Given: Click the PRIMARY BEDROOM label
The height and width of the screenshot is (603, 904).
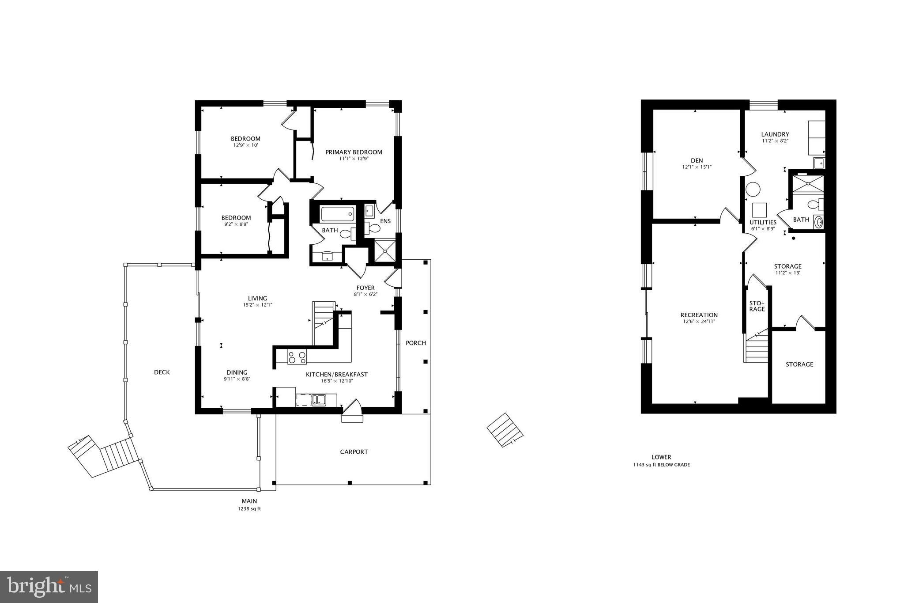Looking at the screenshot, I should click(x=354, y=152).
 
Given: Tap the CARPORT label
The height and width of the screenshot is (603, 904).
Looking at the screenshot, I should click(x=354, y=452).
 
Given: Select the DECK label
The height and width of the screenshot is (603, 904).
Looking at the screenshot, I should click(x=162, y=372).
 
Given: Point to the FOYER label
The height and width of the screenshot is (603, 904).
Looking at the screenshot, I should click(x=366, y=288).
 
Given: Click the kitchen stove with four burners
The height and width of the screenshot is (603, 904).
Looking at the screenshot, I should click(x=297, y=356).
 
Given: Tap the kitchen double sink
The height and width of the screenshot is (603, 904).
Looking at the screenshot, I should click(x=318, y=400).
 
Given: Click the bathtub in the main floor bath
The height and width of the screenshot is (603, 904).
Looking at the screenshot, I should click(x=338, y=214).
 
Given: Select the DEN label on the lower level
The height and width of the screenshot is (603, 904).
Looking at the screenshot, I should click(x=697, y=160).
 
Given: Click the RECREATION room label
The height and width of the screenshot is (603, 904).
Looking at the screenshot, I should click(x=699, y=315).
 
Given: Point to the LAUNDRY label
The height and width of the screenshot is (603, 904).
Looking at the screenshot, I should click(x=775, y=134).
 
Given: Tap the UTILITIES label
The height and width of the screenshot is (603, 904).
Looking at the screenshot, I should click(x=763, y=222).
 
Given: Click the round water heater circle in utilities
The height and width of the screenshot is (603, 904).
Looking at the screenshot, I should click(x=753, y=190).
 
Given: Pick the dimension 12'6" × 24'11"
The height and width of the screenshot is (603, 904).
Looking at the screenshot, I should click(x=699, y=322).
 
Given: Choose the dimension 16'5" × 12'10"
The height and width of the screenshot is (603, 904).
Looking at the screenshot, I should click(x=337, y=381).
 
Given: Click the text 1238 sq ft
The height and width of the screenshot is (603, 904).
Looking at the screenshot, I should click(x=249, y=509).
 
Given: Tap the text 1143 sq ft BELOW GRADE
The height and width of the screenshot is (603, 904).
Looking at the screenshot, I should click(x=661, y=465).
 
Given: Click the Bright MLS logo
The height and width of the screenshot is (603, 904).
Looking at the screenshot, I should click(x=49, y=587).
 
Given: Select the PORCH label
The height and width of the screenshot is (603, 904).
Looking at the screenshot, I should click(x=416, y=343).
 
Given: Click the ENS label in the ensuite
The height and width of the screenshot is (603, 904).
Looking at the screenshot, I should click(x=385, y=221).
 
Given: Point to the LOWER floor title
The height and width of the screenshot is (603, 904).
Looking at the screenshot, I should click(x=661, y=457).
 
